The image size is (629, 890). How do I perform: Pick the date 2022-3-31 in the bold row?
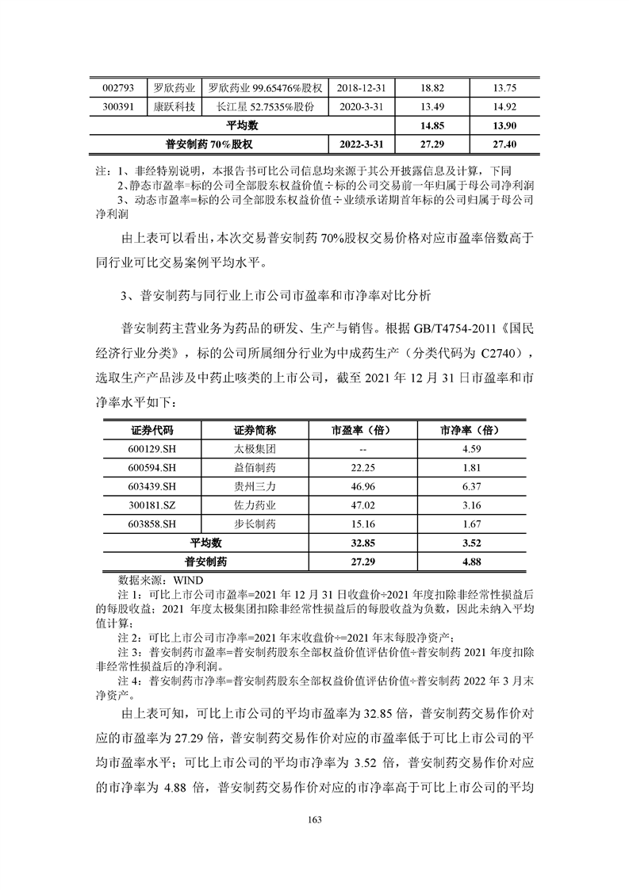pyautogui.click(x=359, y=144)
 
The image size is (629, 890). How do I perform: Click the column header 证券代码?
pyautogui.click(x=150, y=430)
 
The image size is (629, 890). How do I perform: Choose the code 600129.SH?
pyautogui.click(x=150, y=449)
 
